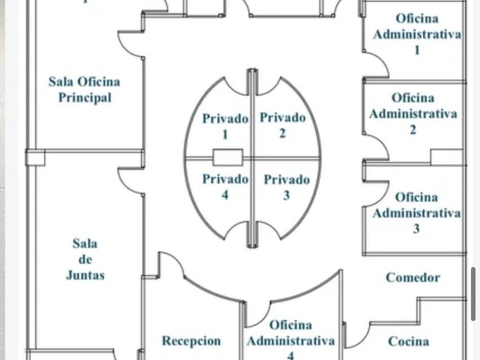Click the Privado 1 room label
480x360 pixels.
(225, 126)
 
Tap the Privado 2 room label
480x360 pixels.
(282, 125)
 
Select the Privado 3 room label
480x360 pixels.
(286, 187)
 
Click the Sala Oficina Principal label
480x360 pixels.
(85, 90)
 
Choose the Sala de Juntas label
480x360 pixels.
(85, 259)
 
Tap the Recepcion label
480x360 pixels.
(191, 341)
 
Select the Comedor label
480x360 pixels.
(413, 278)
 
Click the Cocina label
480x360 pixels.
(409, 342)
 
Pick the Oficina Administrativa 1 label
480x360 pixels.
(417, 34)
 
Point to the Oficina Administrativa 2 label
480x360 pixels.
(413, 114)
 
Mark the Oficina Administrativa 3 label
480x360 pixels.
(416, 213)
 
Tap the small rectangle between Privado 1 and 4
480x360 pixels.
(228, 157)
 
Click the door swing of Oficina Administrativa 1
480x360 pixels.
(378, 63)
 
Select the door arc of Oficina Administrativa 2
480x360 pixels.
(378, 145)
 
